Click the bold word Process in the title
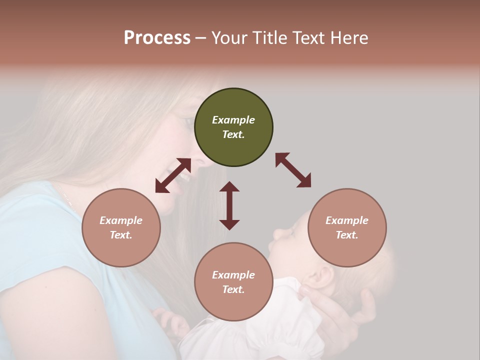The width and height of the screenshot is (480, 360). (x=157, y=38)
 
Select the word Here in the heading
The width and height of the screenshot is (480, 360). (x=348, y=38)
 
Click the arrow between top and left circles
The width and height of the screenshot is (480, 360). (x=173, y=175)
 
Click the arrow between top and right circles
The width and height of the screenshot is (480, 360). (x=293, y=170)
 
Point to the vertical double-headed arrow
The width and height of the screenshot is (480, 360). (x=229, y=205)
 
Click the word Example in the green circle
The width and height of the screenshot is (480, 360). (x=233, y=120)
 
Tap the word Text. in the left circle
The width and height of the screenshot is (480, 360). (x=121, y=235)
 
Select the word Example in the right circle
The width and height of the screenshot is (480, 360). (x=347, y=220)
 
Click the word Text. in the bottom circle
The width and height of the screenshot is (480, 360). (x=233, y=289)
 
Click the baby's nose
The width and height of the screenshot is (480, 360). (x=276, y=233)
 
